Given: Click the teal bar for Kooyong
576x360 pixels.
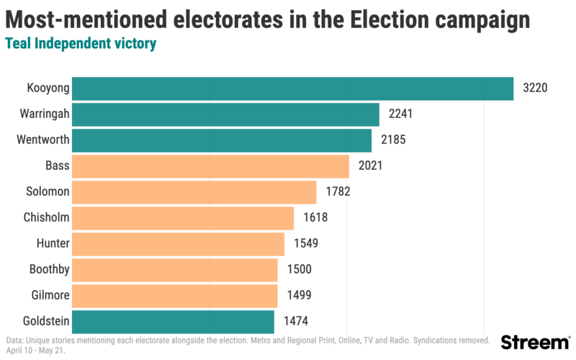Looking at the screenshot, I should (292, 89).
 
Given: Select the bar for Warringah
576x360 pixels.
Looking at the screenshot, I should (225, 114).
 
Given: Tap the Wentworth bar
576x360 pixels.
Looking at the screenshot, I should (222, 140).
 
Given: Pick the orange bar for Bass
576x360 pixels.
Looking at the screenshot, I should (210, 166).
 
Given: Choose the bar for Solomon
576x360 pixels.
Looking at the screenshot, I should (194, 192).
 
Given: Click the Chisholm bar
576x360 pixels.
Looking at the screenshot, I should (183, 218).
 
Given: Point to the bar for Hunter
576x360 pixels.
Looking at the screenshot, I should (178, 244).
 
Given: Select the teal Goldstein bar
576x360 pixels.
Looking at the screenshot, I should (173, 322).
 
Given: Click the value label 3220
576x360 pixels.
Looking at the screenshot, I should (536, 89).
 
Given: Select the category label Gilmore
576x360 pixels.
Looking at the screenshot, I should (50, 296).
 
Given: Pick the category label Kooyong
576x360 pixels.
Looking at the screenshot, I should (48, 89).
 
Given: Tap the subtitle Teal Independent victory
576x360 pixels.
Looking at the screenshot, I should (81, 44).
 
